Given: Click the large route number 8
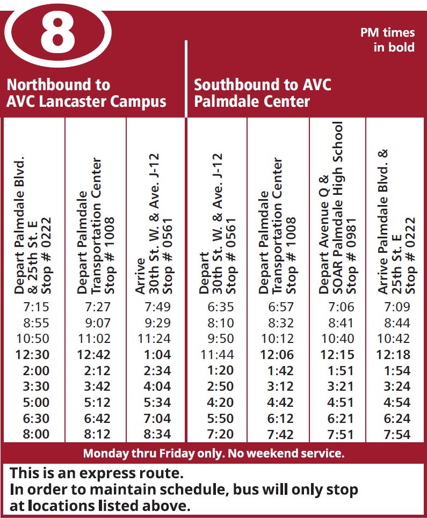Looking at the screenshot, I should pyautogui.click(x=57, y=33).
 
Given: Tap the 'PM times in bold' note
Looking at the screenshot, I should pyautogui.click(x=387, y=40).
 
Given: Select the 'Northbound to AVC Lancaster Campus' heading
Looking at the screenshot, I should pyautogui.click(x=86, y=93).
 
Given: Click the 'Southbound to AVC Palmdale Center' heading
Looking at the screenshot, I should pyautogui.click(x=263, y=93).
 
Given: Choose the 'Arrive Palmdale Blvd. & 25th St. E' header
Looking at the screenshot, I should pyautogui.click(x=397, y=221).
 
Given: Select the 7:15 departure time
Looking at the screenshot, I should pyautogui.click(x=36, y=307).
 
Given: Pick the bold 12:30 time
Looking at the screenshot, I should pyautogui.click(x=33, y=355).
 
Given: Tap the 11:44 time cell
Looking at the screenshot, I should pyautogui.click(x=218, y=355).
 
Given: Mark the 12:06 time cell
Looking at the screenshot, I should pyautogui.click(x=278, y=355).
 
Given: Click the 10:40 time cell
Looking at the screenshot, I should pyautogui.click(x=338, y=339).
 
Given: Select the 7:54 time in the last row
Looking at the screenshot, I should pyautogui.click(x=397, y=434).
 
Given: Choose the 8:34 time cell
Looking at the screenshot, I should pyautogui.click(x=157, y=434).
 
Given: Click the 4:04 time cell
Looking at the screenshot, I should pyautogui.click(x=157, y=386).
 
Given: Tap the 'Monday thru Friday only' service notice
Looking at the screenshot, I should pyautogui.click(x=213, y=454).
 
